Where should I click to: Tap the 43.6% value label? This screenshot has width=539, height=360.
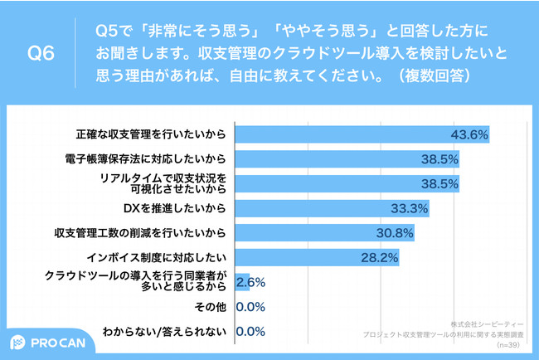coord(469,134)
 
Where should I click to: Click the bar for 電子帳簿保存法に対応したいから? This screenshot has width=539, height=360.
coord(347,158)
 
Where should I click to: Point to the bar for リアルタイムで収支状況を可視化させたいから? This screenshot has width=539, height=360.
coord(347,182)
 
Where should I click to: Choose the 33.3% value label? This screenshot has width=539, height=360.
coord(410,207)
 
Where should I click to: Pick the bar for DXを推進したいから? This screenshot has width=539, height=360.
coord(333,207)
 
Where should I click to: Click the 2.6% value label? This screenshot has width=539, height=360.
coord(250,282)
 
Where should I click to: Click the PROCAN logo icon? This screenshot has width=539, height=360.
coord(19,343)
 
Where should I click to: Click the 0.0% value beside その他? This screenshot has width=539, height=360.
coord(250,306)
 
